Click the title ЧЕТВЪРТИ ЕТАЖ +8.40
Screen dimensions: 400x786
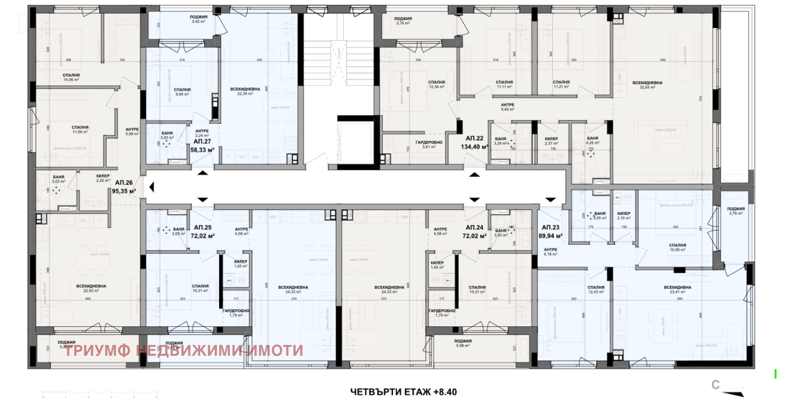(x=403, y=392)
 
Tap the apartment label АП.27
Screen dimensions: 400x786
(x=202, y=142)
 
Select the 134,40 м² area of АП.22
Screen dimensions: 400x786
(x=474, y=147)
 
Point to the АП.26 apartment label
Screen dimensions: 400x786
(x=124, y=183)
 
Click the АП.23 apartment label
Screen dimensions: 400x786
(x=551, y=228)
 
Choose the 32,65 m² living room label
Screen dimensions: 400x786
(x=647, y=85)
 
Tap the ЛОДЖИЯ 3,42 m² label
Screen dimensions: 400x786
(x=199, y=19)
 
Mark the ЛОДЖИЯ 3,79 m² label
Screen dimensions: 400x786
(x=403, y=21)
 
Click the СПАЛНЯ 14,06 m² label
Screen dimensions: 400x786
(x=71, y=77)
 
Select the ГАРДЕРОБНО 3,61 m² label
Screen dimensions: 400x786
(x=429, y=144)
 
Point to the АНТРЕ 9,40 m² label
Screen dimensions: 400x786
(x=507, y=107)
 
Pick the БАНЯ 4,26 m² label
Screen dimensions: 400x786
(x=592, y=141)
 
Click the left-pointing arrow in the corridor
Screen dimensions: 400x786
(x=152, y=187)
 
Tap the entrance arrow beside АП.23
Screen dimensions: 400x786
(x=550, y=200)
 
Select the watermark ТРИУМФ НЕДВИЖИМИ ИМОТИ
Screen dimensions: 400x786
(x=184, y=350)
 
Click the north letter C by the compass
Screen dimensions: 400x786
(x=716, y=385)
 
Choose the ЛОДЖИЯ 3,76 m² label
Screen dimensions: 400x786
(x=736, y=211)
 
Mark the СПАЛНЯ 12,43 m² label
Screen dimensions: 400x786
(x=596, y=289)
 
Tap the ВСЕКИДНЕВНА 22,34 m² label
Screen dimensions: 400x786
(x=245, y=91)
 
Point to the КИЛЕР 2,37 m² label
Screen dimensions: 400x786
(x=552, y=141)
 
